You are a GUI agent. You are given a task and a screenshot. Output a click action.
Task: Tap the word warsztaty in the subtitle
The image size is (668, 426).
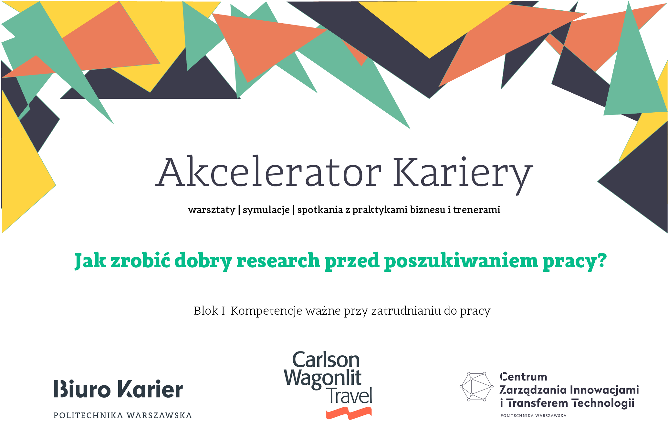[x=212, y=210]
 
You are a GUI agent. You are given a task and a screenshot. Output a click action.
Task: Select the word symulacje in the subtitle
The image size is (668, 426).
[x=266, y=210]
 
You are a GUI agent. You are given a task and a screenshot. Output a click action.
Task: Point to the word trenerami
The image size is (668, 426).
[x=476, y=210]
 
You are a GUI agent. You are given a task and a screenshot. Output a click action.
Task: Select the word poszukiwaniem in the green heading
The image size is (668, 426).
[x=461, y=260]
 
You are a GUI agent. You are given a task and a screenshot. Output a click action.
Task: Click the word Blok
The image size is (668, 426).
[x=205, y=311]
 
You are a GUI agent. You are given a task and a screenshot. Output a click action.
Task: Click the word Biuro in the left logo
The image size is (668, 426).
[x=82, y=389]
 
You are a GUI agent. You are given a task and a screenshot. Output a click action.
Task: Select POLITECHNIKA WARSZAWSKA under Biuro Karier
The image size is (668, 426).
[x=123, y=415]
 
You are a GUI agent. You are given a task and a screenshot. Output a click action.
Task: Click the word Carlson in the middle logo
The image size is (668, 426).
[x=326, y=360]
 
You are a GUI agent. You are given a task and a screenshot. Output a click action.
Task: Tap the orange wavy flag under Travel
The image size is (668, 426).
[x=349, y=413]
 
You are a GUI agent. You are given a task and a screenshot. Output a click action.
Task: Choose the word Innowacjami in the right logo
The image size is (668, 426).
[x=604, y=390]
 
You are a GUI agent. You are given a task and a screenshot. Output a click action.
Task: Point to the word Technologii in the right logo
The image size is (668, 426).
[x=603, y=403]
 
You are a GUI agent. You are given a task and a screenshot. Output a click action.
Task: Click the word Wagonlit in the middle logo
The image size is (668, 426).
[x=322, y=378]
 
